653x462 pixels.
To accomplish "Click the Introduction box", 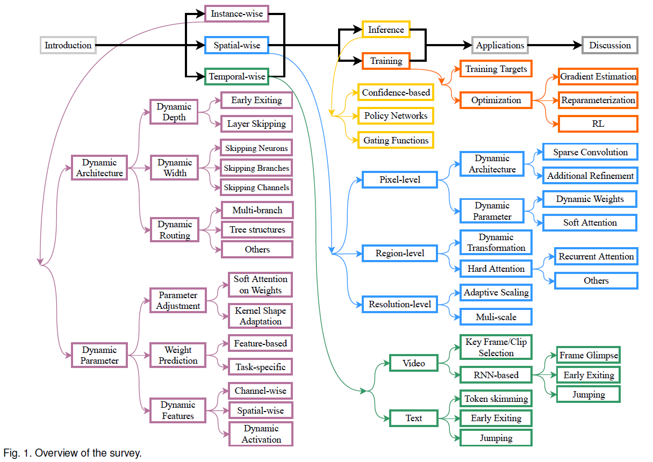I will [68, 45].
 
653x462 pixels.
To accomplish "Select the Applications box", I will [500, 45].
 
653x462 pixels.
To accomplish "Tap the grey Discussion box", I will [610, 45].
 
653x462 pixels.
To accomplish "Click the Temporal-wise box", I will [237, 77].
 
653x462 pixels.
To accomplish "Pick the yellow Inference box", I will [386, 30].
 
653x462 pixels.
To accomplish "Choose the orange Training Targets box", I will [496, 69].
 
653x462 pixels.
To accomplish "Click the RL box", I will [598, 124].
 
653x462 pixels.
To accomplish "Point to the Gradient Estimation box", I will [598, 77].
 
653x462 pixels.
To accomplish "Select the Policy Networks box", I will [396, 115].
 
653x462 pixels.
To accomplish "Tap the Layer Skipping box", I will [256, 124].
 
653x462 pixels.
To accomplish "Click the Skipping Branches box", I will [256, 168].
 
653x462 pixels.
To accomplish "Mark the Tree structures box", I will [257, 229].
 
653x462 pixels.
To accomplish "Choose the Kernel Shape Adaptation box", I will [260, 316].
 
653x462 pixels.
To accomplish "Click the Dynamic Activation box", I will [261, 434].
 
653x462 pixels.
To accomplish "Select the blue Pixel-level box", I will [399, 179].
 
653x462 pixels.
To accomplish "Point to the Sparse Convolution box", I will [590, 152].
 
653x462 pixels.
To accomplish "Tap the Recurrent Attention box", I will [596, 257].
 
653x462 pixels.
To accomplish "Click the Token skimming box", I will [496, 399].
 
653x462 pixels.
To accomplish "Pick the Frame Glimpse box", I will [589, 356].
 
